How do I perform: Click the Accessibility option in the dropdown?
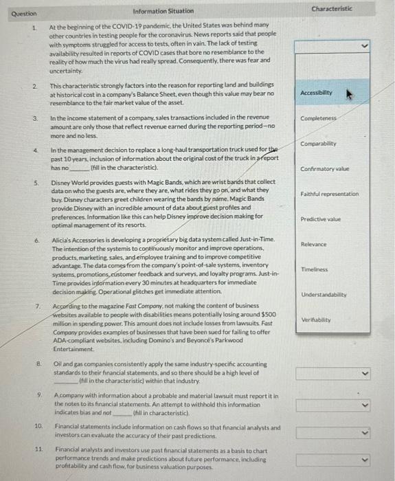coord(317,92)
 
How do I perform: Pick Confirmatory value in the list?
coord(325,169)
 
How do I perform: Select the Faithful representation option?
coord(330,194)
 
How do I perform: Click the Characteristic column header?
coord(332,9)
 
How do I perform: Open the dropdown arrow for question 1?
coord(364,47)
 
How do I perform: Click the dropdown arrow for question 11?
coord(364,458)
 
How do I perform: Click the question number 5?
coord(36,183)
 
